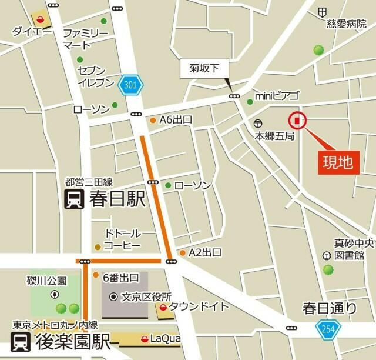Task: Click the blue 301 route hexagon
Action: (130, 86)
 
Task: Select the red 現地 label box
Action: (339, 162)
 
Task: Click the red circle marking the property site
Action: (297, 121)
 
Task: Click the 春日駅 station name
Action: (117, 199)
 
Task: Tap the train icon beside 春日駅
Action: (75, 200)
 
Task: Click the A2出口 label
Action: (204, 253)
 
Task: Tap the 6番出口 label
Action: (120, 277)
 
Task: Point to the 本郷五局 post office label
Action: (274, 135)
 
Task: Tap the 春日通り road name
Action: (330, 307)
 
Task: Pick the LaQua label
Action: (165, 339)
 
